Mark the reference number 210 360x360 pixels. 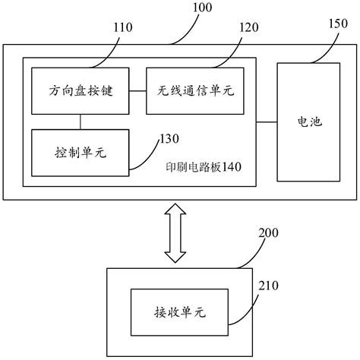point(269,286)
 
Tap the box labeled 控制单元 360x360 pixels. point(80,151)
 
